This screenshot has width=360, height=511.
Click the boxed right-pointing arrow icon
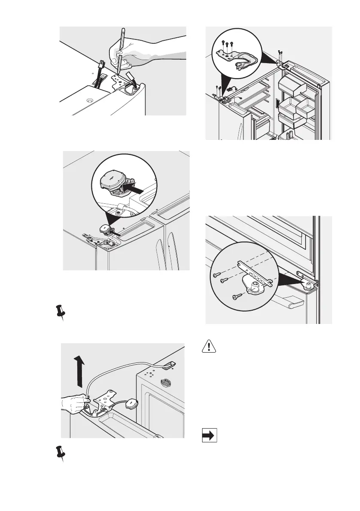click(209, 436)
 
